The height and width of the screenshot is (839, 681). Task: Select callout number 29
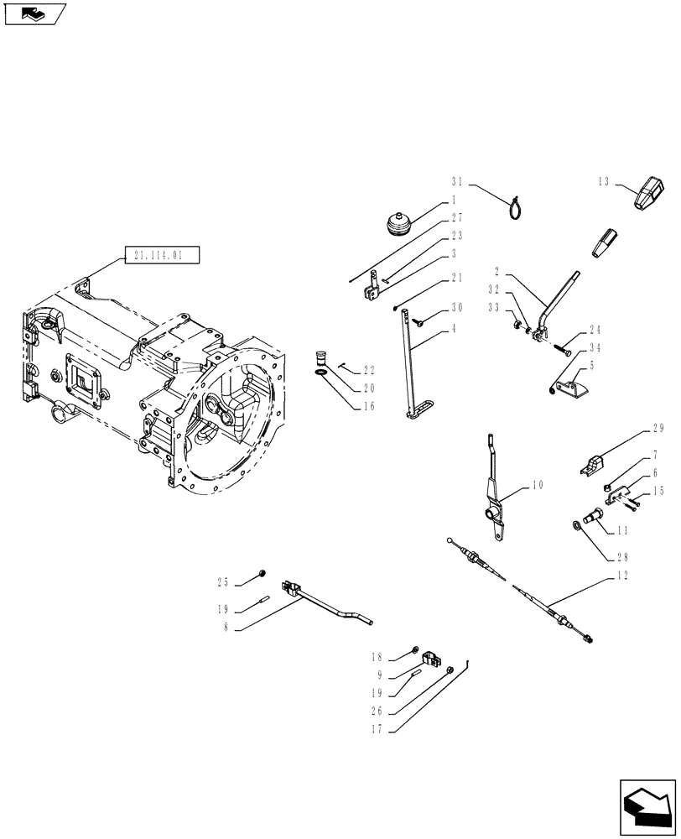658,428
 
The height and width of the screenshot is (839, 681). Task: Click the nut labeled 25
261,574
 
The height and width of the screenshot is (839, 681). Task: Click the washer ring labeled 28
577,525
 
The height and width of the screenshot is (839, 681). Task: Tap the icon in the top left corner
35,13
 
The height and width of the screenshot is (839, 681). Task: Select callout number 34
594,347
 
